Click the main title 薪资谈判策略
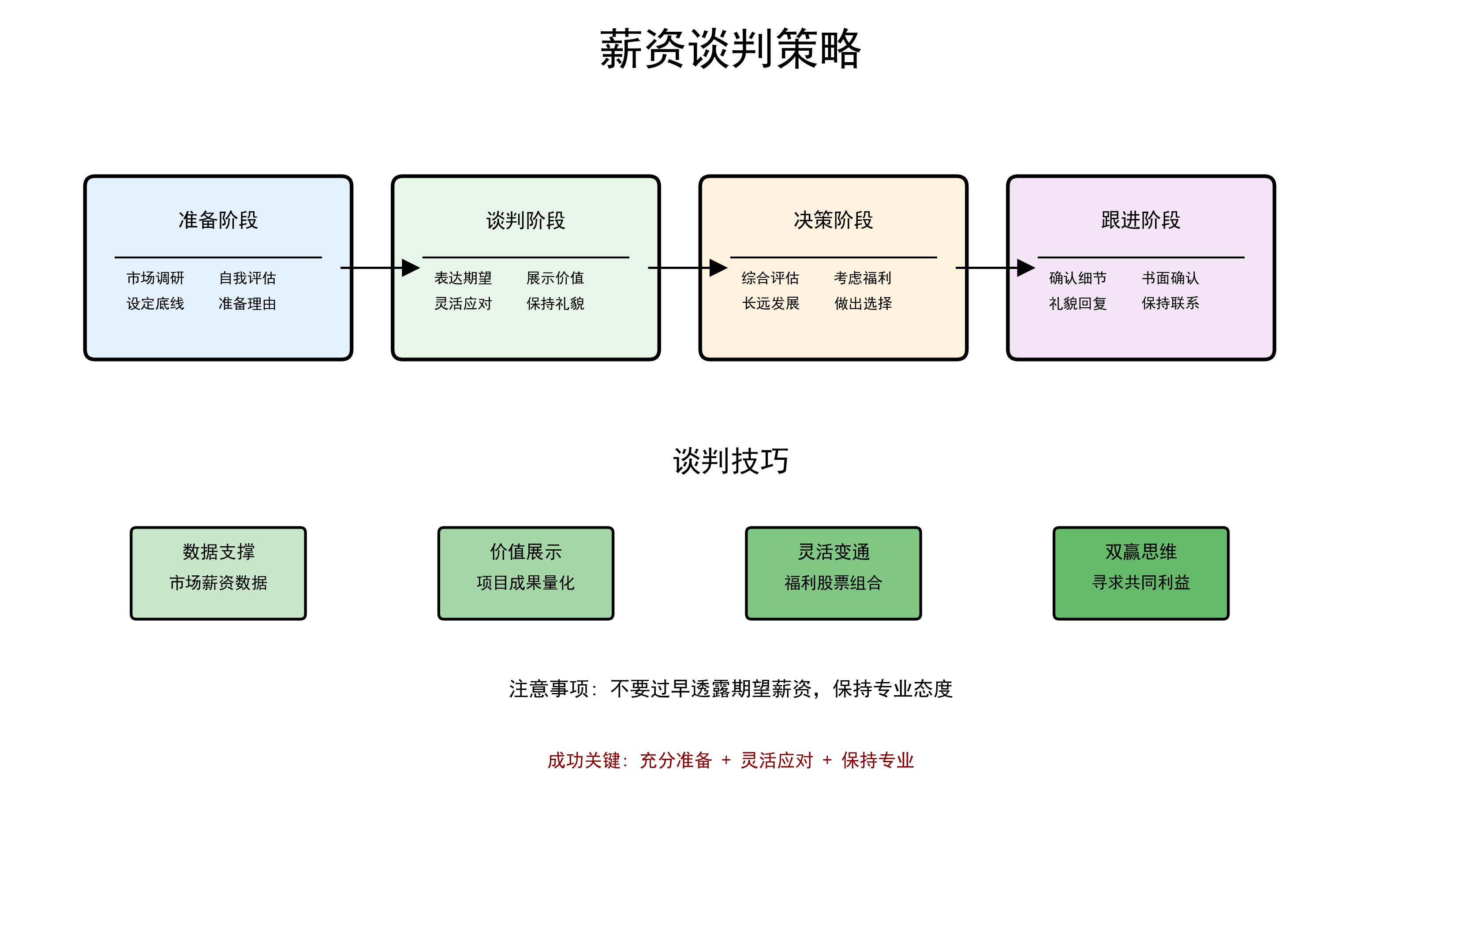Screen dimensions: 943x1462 tap(730, 49)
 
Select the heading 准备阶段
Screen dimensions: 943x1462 tap(218, 220)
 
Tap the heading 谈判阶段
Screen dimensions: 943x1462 tap(526, 220)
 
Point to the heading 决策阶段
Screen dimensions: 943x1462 tap(833, 220)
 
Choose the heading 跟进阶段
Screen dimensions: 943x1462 tap(1140, 220)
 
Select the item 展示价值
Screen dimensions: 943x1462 tap(555, 278)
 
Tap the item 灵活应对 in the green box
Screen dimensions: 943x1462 tap(463, 304)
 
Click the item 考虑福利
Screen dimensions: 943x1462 tap(862, 278)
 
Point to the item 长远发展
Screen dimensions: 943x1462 tap(770, 304)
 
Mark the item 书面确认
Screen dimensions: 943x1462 tap(1170, 278)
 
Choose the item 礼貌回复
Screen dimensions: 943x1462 tap(1077, 304)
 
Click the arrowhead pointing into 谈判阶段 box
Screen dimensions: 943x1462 tap(410, 268)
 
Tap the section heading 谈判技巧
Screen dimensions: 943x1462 tap(730, 460)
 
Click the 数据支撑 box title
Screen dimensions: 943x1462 tap(218, 552)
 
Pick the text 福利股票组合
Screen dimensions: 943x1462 tap(833, 582)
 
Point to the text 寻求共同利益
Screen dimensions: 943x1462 tap(1140, 582)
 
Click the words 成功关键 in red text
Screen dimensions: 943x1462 tap(584, 760)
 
